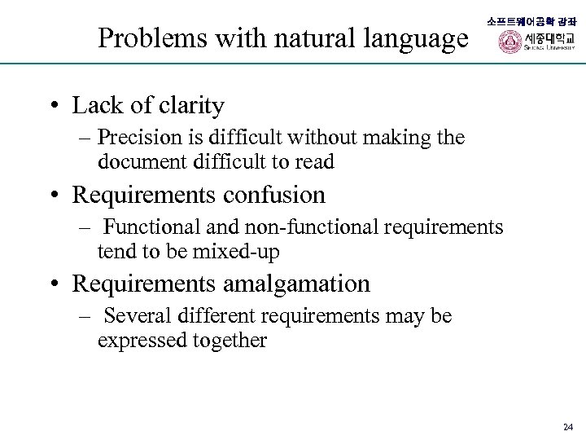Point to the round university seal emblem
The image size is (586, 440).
pos(510,42)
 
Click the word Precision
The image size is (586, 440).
pos(143,138)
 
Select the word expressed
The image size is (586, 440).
pos(139,341)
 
